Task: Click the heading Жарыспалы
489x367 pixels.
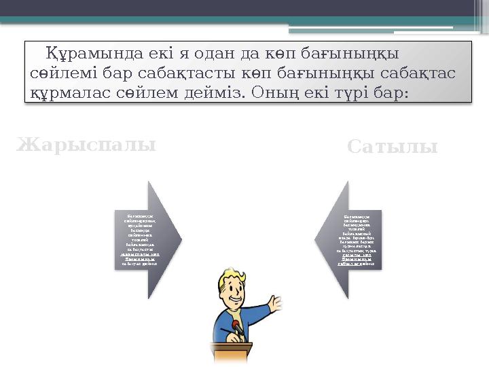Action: (86, 145)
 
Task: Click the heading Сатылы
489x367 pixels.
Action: (392, 147)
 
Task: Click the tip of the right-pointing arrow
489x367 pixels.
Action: (181, 239)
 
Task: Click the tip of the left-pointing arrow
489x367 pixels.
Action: (315, 239)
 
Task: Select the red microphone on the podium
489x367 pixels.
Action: (236, 327)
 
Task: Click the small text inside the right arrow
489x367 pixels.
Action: (356, 239)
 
